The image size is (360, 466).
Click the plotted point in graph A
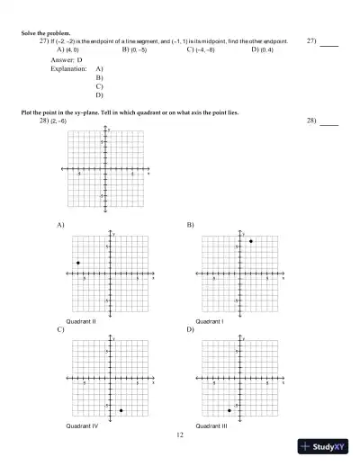point(78,263)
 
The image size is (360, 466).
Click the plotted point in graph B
point(250,241)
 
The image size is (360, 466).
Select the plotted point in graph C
point(121,410)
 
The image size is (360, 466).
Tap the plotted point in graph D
point(229,410)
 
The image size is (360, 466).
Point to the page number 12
point(180,435)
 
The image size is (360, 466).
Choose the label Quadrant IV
point(82,425)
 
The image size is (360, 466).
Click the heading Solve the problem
point(46,33)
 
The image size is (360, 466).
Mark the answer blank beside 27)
point(329,43)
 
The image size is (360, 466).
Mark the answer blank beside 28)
point(329,121)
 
